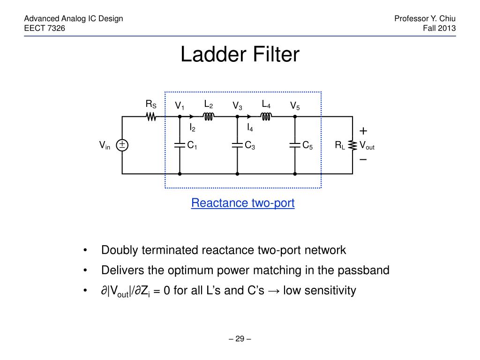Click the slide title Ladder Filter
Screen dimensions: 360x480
[x=240, y=55]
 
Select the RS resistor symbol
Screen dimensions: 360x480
[x=151, y=116]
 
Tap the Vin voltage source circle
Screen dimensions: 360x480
[x=122, y=145]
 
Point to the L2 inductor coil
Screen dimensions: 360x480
[x=209, y=116]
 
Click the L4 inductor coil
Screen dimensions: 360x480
[x=266, y=116]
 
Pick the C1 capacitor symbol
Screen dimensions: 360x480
[x=180, y=145]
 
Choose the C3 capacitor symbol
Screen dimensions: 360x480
[x=238, y=145]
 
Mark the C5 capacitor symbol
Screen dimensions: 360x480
[x=295, y=145]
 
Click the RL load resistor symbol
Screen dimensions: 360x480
[x=352, y=145]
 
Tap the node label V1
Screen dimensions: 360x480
[x=180, y=107]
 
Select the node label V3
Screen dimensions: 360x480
[x=237, y=107]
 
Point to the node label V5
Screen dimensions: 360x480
[x=294, y=107]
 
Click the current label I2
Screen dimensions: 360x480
[x=192, y=127]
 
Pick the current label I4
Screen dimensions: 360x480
[x=250, y=127]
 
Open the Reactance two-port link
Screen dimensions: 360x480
[x=243, y=203]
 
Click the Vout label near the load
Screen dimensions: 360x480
[x=367, y=146]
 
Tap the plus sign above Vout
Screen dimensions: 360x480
[x=363, y=131]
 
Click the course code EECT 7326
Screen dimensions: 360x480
[x=45, y=28]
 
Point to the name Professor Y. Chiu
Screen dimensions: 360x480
[x=425, y=19]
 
